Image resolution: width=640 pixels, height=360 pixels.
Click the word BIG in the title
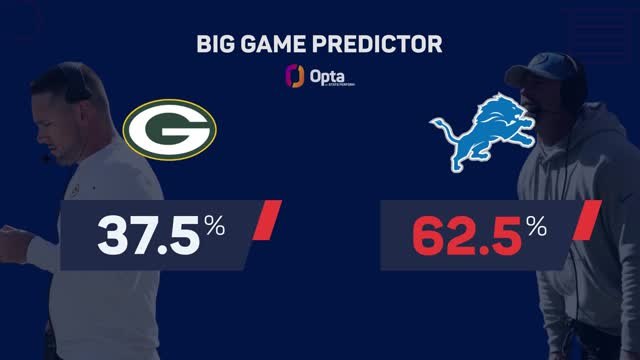pyautogui.click(x=218, y=46)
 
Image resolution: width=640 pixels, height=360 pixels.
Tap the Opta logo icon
pyautogui.click(x=295, y=77)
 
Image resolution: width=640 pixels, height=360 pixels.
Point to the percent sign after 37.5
pyautogui.click(x=216, y=228)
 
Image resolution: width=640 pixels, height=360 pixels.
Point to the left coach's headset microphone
pyautogui.click(x=46, y=157)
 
